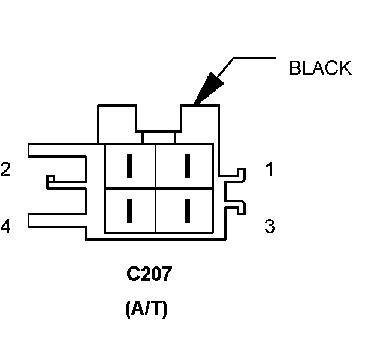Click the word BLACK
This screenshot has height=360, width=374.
[319, 68]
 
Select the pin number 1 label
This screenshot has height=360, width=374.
[270, 170]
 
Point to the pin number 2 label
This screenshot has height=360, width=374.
[5, 170]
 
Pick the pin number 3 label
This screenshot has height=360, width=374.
[270, 227]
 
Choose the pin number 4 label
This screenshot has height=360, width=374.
[5, 227]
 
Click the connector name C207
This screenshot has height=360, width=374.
[149, 275]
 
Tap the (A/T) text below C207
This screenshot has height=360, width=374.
[147, 310]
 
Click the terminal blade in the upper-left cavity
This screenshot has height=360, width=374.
[129, 166]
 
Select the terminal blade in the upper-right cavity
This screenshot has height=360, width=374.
[187, 166]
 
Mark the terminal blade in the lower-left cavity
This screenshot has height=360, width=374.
[129, 210]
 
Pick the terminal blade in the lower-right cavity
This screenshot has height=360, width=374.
[187, 210]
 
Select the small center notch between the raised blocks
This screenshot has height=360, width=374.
[159, 137]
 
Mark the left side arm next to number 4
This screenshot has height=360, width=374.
[57, 222]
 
